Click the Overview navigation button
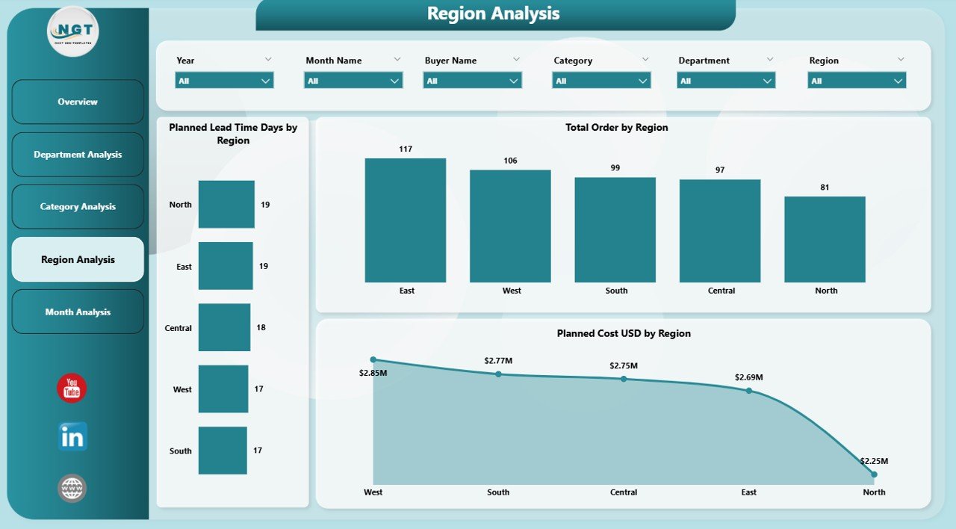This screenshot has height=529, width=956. (x=78, y=102)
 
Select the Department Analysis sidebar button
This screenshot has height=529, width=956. (x=78, y=155)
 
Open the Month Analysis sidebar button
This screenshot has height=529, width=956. (x=78, y=312)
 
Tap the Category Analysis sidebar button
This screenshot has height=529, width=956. (x=78, y=207)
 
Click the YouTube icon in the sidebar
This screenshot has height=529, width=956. (x=72, y=389)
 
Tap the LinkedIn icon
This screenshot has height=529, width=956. (x=72, y=437)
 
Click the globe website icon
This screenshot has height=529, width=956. (x=72, y=489)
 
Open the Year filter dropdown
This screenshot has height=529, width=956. (x=224, y=81)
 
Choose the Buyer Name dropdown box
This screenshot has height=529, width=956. (x=472, y=81)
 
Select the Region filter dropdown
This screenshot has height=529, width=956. (x=857, y=81)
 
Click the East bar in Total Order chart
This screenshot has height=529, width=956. (x=406, y=220)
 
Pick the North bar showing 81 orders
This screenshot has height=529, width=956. (x=825, y=239)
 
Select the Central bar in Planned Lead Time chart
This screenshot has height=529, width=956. (x=224, y=327)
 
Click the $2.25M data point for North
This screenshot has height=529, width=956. (x=874, y=474)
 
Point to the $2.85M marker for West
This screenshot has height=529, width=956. (x=373, y=359)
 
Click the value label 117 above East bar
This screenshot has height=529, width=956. (x=406, y=149)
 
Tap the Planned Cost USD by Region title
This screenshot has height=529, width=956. (x=624, y=334)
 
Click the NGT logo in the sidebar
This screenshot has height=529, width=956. (x=73, y=31)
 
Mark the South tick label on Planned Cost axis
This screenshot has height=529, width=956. (x=498, y=492)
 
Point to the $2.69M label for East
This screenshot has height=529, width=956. (x=749, y=377)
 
